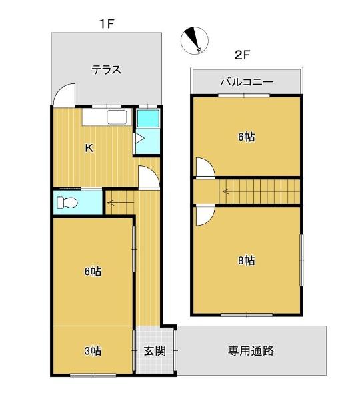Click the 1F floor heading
click(x=107, y=24)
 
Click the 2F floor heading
click(x=242, y=55)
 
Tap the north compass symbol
click(x=195, y=40)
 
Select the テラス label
click(x=107, y=69)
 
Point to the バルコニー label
click(x=247, y=82)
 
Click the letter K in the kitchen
click(x=89, y=148)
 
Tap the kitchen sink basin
click(x=117, y=117)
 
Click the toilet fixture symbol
click(x=67, y=202)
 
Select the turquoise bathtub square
click(x=148, y=118)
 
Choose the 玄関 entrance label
click(x=155, y=351)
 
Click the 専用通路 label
click(x=251, y=350)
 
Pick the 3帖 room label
click(x=93, y=351)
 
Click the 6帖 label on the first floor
click(x=93, y=271)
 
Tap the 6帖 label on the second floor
click(x=247, y=137)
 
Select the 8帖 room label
click(x=247, y=260)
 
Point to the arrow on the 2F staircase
click(x=226, y=192)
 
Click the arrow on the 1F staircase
click(x=111, y=202)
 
